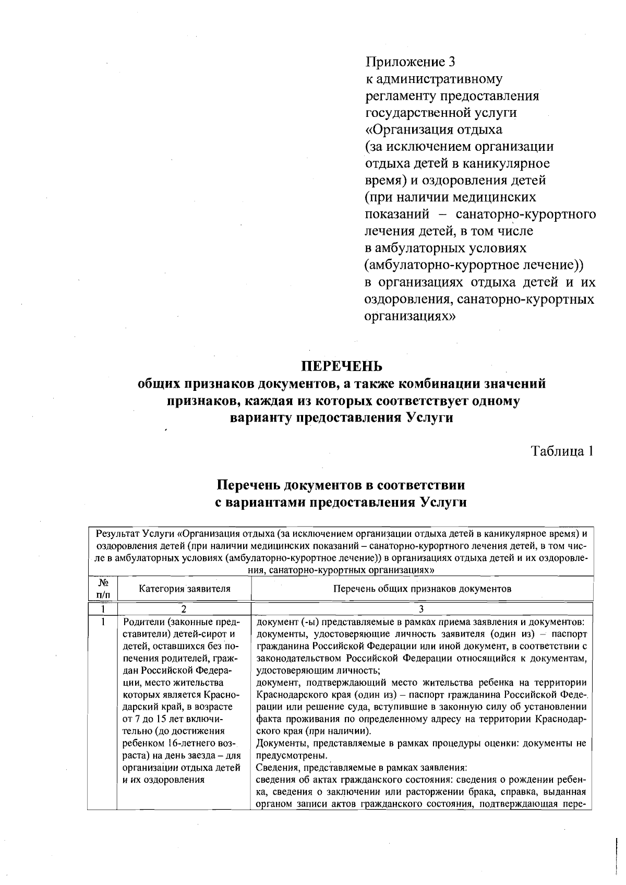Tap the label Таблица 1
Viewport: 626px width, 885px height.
tap(562, 451)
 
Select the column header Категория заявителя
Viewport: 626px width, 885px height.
tap(184, 589)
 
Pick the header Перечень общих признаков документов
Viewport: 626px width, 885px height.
tap(422, 589)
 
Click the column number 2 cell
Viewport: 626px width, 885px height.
tap(184, 608)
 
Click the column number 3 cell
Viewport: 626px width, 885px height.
tap(422, 608)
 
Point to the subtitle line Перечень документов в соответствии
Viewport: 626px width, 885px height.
tap(341, 485)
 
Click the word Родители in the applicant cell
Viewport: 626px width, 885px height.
tap(142, 623)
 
